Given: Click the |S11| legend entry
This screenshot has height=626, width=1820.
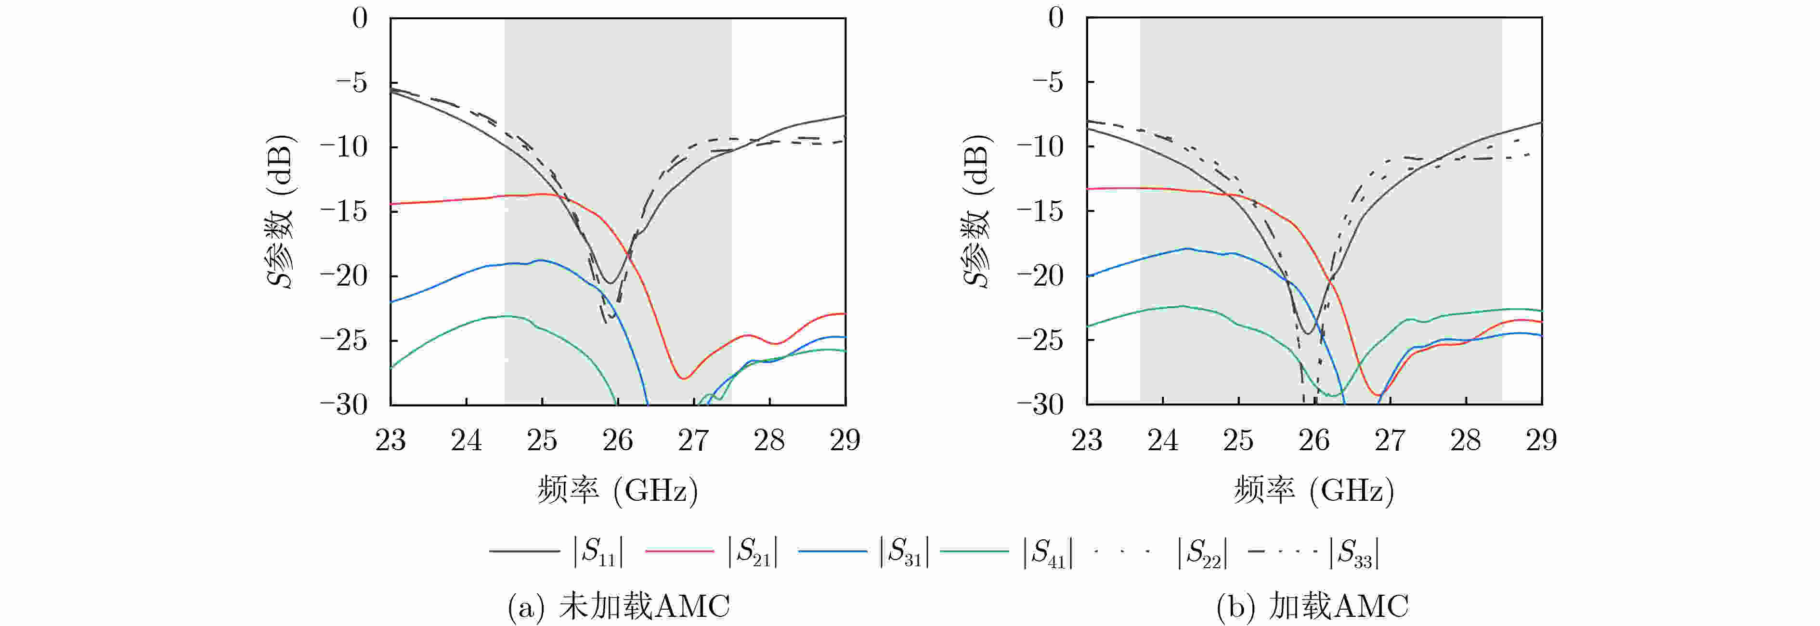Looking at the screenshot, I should pos(557,550).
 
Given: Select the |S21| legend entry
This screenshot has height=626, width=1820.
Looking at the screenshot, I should pos(712,550).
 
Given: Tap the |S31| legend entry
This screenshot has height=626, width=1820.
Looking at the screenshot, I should pos(863,550).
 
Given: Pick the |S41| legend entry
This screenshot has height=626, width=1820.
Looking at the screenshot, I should pos(1007,550).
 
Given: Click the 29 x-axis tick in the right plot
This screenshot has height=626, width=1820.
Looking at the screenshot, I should pos(1541,440).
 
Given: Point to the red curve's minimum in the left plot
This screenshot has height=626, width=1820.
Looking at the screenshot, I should pos(683,378).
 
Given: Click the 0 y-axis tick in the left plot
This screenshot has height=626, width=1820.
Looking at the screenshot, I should pos(360,18).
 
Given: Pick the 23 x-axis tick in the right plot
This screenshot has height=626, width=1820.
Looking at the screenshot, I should pos(1087,440).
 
